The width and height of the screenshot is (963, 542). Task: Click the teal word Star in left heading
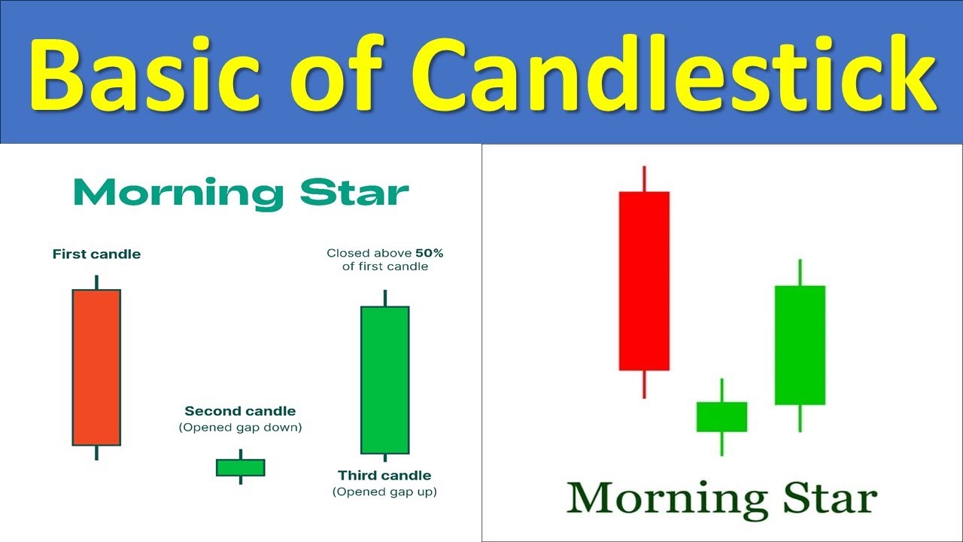(354, 194)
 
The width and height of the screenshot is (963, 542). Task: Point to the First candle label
(96, 254)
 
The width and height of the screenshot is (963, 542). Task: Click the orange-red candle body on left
(96, 367)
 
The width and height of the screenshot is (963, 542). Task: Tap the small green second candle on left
(240, 467)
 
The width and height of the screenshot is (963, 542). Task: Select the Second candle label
(240, 411)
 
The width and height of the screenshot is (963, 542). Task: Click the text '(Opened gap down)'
(240, 428)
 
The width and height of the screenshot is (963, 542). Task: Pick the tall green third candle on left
(384, 380)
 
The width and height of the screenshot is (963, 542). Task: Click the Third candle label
(384, 475)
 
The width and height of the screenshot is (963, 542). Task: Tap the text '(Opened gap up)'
(384, 492)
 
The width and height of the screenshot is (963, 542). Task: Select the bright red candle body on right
(644, 281)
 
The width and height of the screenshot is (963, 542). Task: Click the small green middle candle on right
(721, 416)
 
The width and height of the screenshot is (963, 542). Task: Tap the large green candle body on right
(800, 345)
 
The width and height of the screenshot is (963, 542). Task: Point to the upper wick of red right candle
(644, 179)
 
